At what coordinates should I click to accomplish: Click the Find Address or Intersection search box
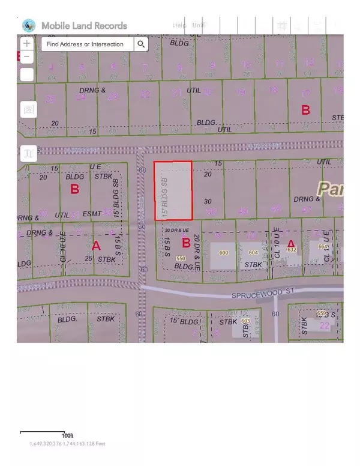[x=86, y=44]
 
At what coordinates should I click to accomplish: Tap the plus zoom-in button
[x=26, y=44]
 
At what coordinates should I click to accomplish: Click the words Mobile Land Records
[x=84, y=26]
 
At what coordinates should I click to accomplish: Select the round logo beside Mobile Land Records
[x=28, y=26]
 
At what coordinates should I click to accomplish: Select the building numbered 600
[x=224, y=253]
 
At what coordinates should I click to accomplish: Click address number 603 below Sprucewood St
[x=245, y=321]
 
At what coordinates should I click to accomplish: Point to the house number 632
[x=292, y=249]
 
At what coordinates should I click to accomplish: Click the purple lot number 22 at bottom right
[x=325, y=325]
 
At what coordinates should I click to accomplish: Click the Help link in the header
[x=179, y=25]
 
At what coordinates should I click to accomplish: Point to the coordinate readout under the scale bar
[x=67, y=444]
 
